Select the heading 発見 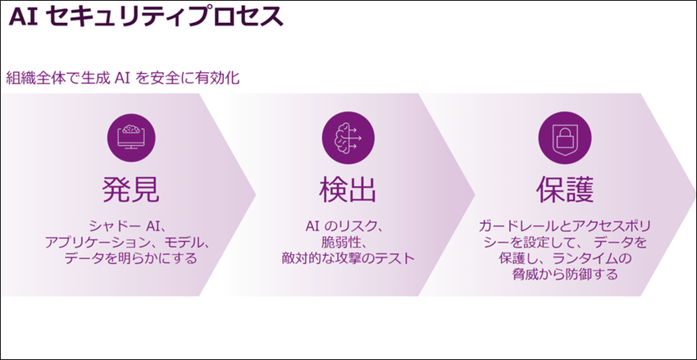pos(131,189)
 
